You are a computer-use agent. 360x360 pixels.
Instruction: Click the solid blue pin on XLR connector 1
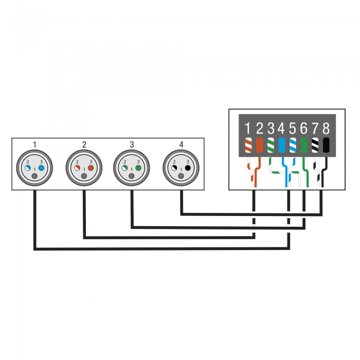[41, 168]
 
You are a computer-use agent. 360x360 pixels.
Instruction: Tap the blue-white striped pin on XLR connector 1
[28, 168]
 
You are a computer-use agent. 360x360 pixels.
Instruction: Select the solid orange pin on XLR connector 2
[91, 168]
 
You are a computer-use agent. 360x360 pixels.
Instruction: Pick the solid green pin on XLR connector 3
[138, 168]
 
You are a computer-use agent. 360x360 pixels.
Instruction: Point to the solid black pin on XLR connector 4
[188, 168]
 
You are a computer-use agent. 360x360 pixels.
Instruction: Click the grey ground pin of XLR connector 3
[132, 176]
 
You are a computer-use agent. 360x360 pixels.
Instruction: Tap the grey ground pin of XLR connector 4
[181, 176]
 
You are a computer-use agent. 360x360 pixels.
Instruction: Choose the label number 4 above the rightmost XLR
[181, 145]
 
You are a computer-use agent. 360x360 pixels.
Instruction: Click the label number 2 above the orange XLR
[84, 145]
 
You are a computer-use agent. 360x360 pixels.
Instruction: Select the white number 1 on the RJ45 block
[247, 128]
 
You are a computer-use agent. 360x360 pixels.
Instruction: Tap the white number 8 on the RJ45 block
[326, 128]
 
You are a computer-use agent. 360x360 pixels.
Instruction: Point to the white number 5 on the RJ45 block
[293, 128]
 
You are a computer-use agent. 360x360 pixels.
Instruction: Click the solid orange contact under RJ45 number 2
[259, 145]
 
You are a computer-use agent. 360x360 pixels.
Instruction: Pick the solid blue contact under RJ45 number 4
[282, 145]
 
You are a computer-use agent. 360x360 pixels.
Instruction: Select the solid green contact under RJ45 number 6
[304, 145]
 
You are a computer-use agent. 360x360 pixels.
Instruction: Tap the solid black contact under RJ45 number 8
[326, 145]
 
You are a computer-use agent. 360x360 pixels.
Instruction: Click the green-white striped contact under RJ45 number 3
[271, 145]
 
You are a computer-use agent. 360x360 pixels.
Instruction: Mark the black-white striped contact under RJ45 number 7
[315, 145]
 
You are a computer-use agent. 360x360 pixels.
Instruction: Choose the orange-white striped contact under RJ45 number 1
[248, 145]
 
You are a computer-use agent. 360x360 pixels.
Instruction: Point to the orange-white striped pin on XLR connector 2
[77, 168]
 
